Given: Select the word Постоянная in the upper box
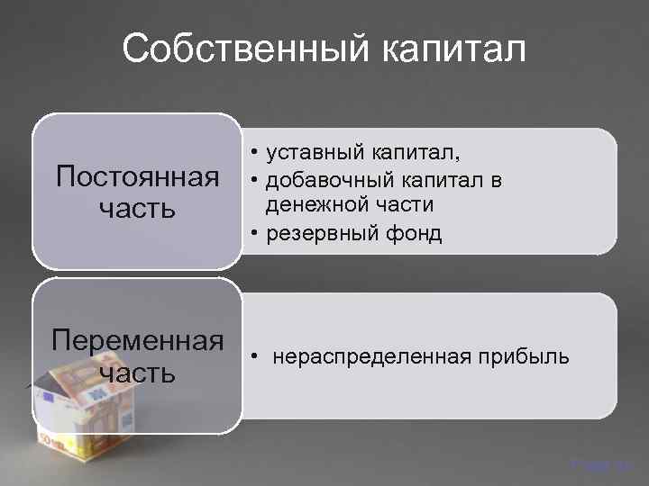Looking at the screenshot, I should (138, 175).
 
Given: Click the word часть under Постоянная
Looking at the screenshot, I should (138, 209).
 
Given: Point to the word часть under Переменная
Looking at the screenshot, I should (138, 373).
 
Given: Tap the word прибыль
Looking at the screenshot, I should (519, 358).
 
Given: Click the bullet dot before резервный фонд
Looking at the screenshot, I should (256, 234).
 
